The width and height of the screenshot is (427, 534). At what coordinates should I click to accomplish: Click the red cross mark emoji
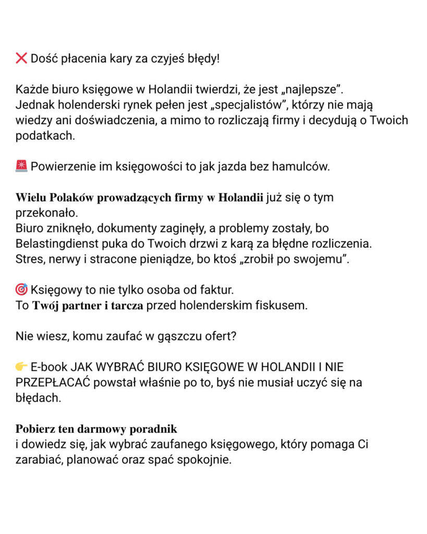(21, 58)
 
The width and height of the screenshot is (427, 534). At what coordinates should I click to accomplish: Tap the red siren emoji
(21, 167)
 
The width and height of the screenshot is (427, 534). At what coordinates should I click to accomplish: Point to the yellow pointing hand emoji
(21, 367)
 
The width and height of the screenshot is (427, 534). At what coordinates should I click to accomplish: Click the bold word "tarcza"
(126, 306)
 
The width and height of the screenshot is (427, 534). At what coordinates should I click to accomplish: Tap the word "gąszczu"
(175, 336)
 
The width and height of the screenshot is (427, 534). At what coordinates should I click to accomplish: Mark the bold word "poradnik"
(154, 429)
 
